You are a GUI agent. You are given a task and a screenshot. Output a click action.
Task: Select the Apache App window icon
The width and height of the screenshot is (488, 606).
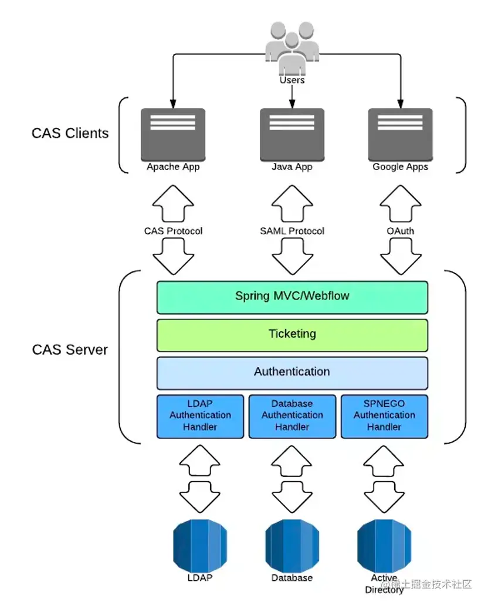[x=173, y=134]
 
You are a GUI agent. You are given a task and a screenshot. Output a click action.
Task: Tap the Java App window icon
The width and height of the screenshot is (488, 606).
[x=292, y=134]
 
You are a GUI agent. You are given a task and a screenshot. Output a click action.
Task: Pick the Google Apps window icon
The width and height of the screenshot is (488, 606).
[x=400, y=134]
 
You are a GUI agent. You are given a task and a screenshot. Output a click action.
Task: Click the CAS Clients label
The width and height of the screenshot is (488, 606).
[x=70, y=133]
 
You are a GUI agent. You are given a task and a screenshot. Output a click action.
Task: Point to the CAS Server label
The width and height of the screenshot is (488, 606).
[x=70, y=350]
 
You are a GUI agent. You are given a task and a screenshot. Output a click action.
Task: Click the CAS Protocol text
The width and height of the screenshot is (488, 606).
[x=173, y=231]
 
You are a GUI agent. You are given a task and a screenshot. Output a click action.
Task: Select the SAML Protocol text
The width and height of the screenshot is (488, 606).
[x=292, y=231]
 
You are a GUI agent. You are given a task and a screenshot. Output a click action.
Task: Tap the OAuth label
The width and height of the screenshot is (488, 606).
[x=400, y=231]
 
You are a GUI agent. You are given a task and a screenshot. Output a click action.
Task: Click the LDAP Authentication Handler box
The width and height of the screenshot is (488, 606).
[x=200, y=416]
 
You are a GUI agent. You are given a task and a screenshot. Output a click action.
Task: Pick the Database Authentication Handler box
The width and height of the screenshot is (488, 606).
[x=292, y=416]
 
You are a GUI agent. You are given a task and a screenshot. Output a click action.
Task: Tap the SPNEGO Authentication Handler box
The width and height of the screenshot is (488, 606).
[x=384, y=416]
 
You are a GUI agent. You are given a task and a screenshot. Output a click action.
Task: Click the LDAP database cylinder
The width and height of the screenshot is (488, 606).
[x=200, y=545]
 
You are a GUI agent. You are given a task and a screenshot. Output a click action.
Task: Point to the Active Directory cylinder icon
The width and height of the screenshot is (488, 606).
[x=384, y=545]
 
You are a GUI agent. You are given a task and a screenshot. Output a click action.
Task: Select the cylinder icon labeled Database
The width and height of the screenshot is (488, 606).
[x=292, y=545]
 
